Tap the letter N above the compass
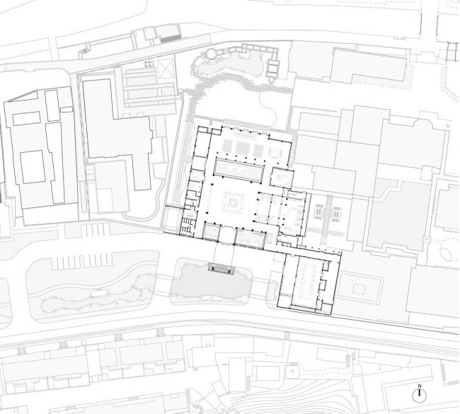click(420, 386)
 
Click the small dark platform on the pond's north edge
click(221, 268)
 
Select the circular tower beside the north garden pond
click(212, 54)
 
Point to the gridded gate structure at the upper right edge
click(450, 50)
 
